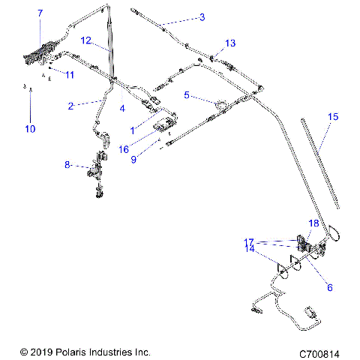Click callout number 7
click(40, 13)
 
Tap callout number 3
click(202, 16)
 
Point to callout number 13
click(230, 42)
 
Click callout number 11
click(70, 75)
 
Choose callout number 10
click(30, 129)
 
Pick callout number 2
click(70, 106)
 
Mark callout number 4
click(122, 108)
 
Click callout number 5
click(187, 96)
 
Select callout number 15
click(334, 117)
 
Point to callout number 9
click(134, 159)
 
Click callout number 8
click(67, 164)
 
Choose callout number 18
click(314, 223)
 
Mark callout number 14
click(249, 248)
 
